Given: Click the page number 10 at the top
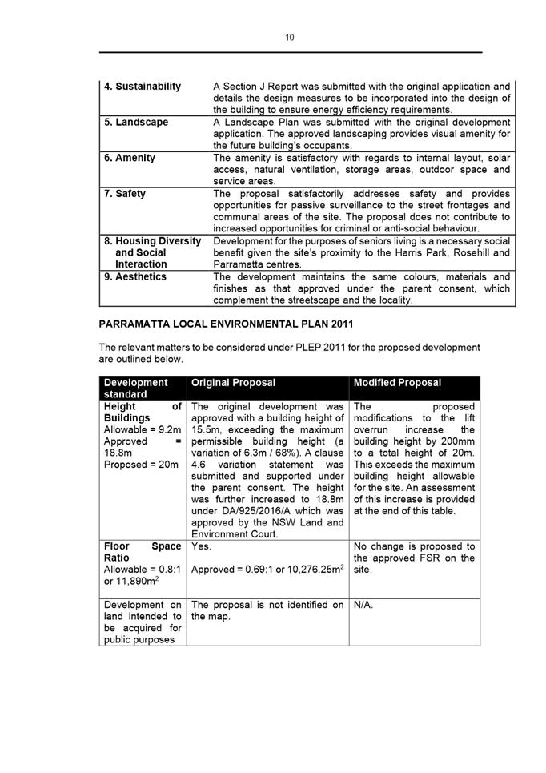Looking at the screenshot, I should [x=289, y=37].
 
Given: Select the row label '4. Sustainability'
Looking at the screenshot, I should [x=143, y=86].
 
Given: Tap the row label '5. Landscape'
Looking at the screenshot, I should [x=136, y=122].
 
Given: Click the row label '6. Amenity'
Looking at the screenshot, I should [x=130, y=158].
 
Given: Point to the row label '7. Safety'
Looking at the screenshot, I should [x=125, y=194].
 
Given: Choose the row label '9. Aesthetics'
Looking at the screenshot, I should [x=135, y=276].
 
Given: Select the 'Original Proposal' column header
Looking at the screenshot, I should [x=233, y=383].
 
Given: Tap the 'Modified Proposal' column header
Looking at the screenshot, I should [x=397, y=383].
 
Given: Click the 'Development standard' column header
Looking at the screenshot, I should [x=136, y=389].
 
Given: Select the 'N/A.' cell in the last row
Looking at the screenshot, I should [x=363, y=606].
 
